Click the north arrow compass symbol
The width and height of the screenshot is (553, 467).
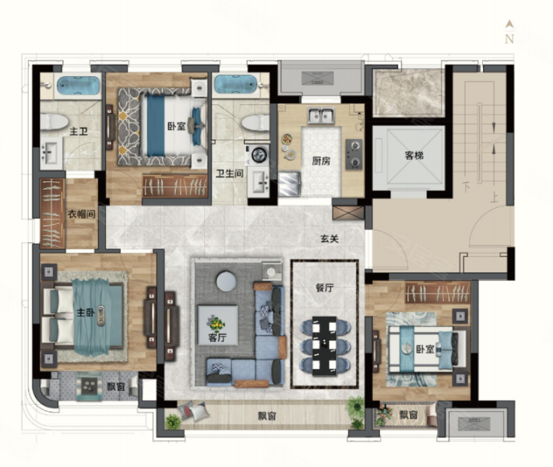click(x=509, y=32)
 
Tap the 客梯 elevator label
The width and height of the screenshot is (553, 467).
click(x=414, y=155)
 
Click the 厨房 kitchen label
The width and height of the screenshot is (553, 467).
click(x=322, y=161)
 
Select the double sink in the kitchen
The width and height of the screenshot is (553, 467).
click(x=321, y=116)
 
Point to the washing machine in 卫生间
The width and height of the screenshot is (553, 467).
click(x=258, y=155)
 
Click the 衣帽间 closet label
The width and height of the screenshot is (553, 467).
click(x=82, y=214)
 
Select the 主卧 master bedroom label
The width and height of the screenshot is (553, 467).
click(x=86, y=312)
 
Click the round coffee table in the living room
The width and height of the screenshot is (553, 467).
click(x=226, y=281)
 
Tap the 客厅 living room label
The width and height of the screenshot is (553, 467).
click(x=217, y=337)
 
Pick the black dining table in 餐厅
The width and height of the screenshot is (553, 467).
click(x=325, y=346)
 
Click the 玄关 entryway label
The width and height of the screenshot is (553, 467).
click(x=329, y=239)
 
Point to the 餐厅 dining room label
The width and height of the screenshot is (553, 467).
click(x=325, y=288)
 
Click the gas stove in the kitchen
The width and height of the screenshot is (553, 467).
click(x=354, y=154)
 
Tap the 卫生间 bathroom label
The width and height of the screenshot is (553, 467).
click(x=230, y=174)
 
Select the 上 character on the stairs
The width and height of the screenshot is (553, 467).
click(x=494, y=198)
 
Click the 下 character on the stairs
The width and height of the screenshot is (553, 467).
click(x=466, y=187)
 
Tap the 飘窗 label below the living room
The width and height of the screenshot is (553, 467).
click(x=266, y=416)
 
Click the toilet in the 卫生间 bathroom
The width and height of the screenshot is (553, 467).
click(x=255, y=123)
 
